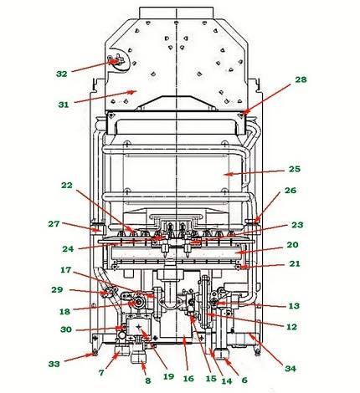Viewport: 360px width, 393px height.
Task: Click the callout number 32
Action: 61,74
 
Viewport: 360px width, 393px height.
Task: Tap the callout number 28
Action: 301,79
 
